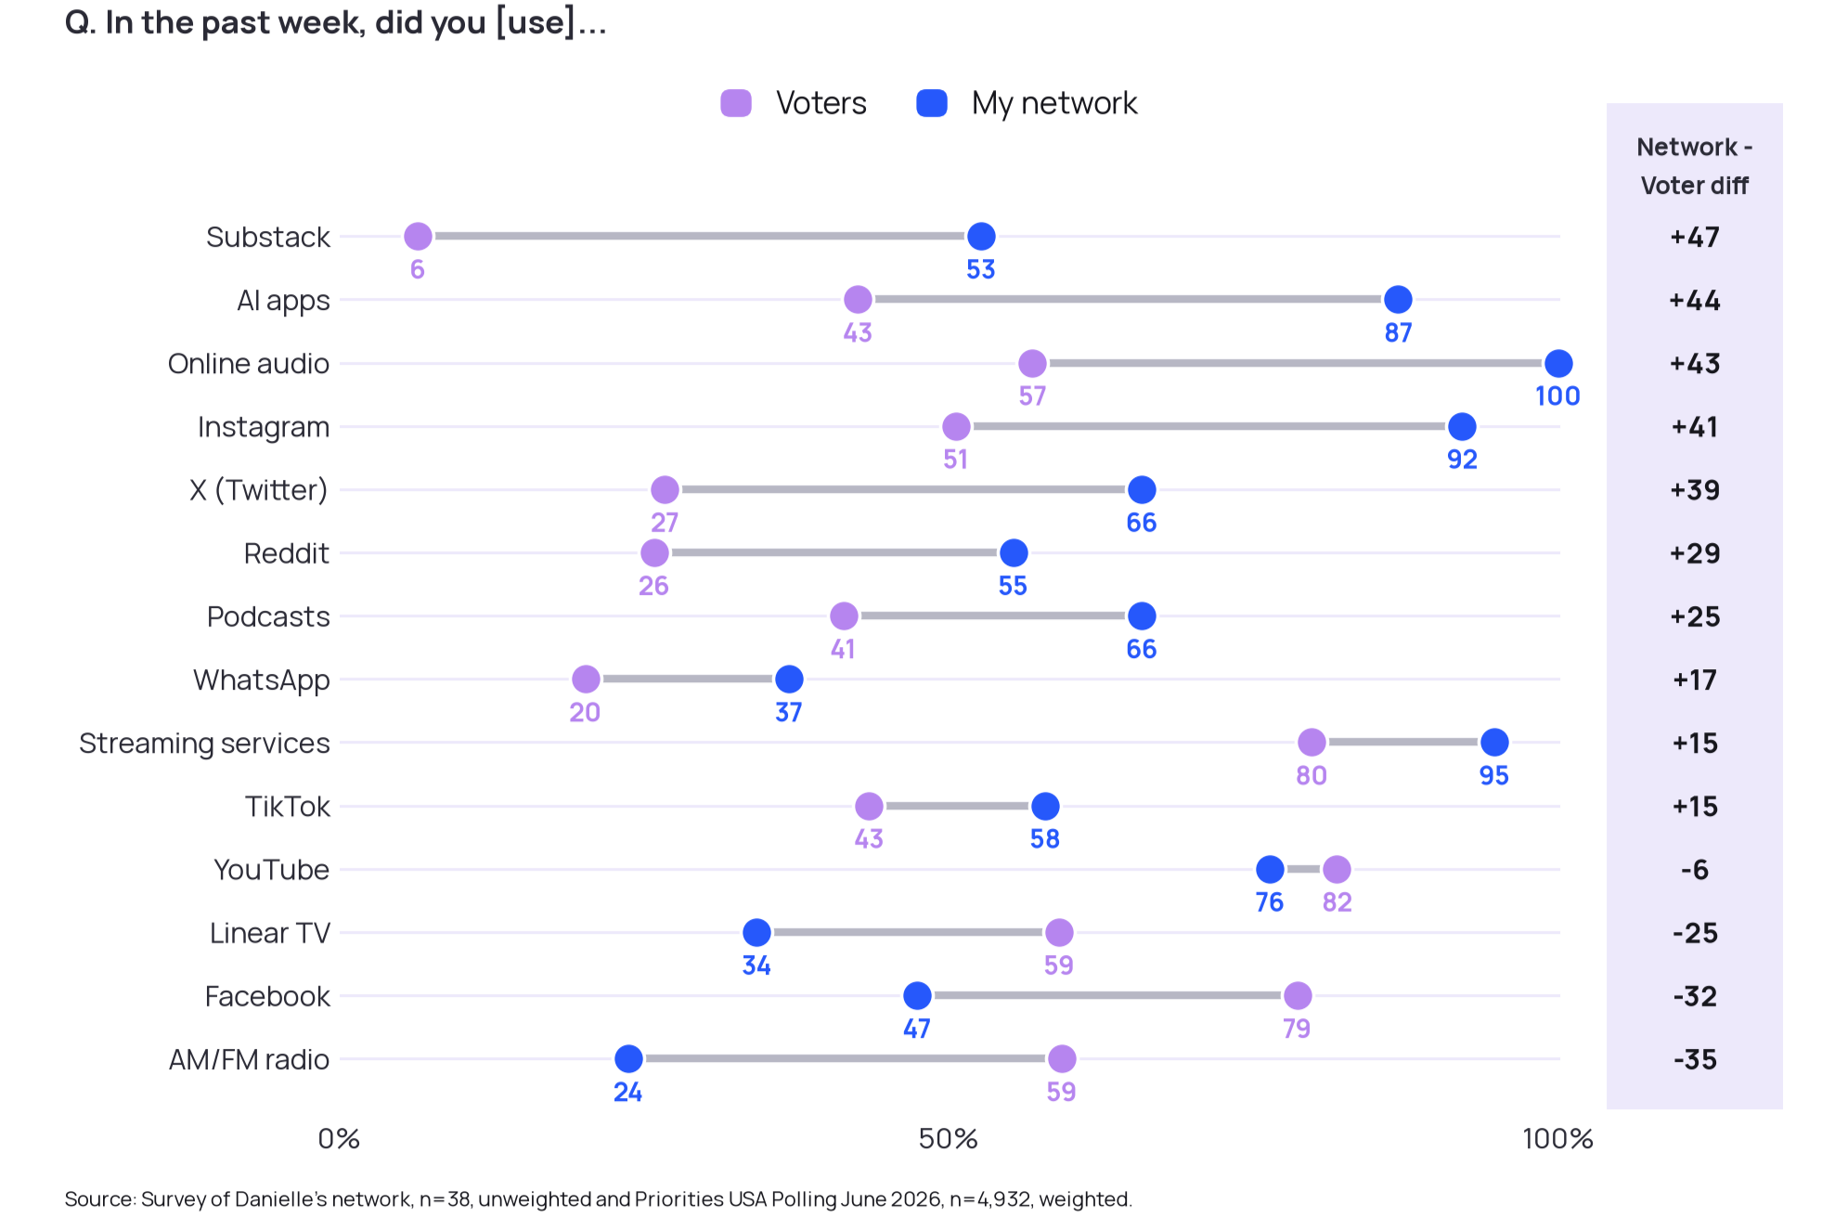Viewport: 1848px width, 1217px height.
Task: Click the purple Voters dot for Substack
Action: pyautogui.click(x=418, y=237)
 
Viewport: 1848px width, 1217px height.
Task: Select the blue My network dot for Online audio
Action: pyautogui.click(x=1558, y=363)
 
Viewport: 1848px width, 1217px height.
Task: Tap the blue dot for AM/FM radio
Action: pyautogui.click(x=628, y=1058)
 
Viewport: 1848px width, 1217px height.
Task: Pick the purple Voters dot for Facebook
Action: pyautogui.click(x=1298, y=995)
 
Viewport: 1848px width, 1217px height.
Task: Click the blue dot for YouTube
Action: pyautogui.click(x=1270, y=869)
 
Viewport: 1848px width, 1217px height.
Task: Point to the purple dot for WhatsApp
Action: pyautogui.click(x=586, y=680)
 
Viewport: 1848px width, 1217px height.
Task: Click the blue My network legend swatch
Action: pyautogui.click(x=932, y=103)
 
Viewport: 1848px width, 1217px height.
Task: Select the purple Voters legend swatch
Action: pyautogui.click(x=736, y=103)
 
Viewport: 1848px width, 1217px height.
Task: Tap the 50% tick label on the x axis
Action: pyautogui.click(x=948, y=1138)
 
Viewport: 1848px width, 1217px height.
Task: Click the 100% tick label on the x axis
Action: pyautogui.click(x=1557, y=1138)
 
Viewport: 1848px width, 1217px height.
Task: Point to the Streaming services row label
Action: pyautogui.click(x=204, y=743)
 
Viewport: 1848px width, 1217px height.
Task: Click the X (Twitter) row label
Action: pyautogui.click(x=258, y=489)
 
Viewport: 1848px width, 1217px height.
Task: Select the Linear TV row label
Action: pyautogui.click(x=269, y=932)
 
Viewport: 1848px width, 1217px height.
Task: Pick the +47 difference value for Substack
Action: pyautogui.click(x=1695, y=237)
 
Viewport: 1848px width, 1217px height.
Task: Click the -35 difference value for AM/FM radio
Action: pyautogui.click(x=1695, y=1059)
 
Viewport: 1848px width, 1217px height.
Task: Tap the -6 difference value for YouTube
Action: pyautogui.click(x=1695, y=869)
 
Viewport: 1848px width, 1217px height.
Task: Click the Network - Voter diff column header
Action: pyautogui.click(x=1695, y=166)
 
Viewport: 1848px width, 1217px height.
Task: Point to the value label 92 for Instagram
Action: pyautogui.click(x=1462, y=459)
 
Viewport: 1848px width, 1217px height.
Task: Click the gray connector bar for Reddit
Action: pyautogui.click(x=834, y=552)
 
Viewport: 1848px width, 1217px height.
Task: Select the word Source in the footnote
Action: pyautogui.click(x=100, y=1198)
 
